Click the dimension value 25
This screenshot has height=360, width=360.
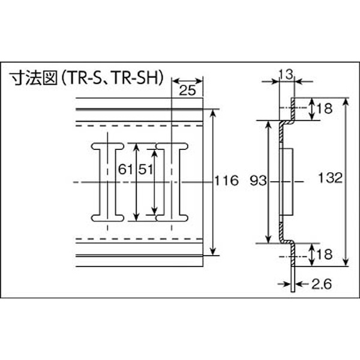pos(187,90)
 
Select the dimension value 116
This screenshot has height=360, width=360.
pos(226,181)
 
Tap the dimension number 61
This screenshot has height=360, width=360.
pos(125,170)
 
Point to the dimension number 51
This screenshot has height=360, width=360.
pos(146,170)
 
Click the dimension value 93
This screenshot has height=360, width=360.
pos(259,181)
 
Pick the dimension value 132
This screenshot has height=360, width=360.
pos(331,178)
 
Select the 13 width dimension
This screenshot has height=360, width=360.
pos(286,74)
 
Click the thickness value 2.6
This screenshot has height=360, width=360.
pos(322,284)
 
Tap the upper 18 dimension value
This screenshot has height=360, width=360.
pos(325,109)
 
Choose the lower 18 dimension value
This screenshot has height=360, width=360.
pos(325,254)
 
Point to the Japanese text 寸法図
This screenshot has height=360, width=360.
pos(34,78)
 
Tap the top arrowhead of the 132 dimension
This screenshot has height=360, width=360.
pos(346,102)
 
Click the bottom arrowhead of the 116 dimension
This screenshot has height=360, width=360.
pos(213,251)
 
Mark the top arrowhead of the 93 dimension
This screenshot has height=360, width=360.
pos(268,124)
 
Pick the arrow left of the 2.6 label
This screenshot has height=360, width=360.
pos(284,284)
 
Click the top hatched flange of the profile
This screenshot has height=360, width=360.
pos(293,110)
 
